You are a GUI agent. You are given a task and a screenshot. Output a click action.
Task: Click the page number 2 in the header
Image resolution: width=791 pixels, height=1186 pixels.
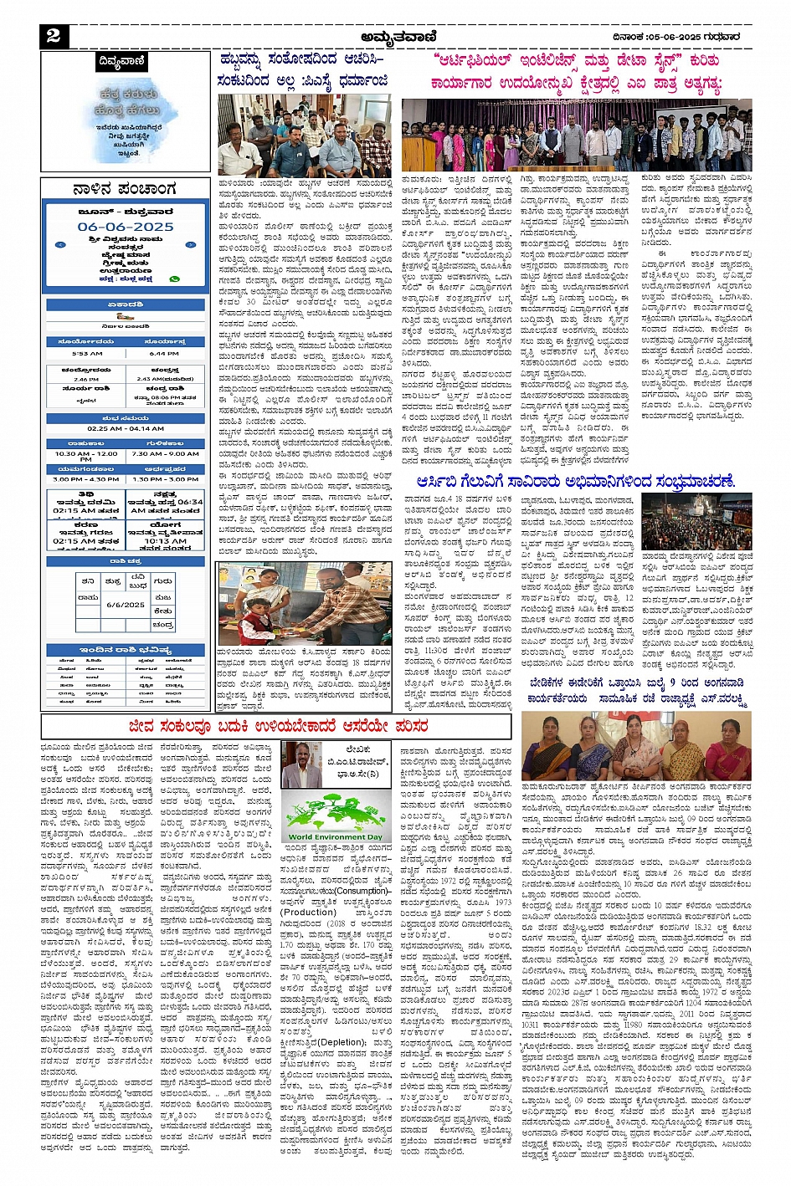coord(53,35)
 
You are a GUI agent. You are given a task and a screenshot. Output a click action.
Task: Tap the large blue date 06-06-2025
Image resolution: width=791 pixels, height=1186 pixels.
coord(126,227)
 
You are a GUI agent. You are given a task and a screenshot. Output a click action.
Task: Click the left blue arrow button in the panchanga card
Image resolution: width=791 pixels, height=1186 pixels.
coord(60,245)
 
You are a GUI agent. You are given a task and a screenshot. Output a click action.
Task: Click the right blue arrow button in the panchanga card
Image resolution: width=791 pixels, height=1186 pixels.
coord(190,245)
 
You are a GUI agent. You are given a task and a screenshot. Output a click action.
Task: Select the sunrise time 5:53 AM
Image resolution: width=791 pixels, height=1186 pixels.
coord(87,353)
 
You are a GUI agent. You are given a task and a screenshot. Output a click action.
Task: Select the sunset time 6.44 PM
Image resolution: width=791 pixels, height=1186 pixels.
coord(164,353)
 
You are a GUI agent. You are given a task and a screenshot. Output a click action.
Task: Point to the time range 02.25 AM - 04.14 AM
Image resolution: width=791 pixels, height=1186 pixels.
coord(126,428)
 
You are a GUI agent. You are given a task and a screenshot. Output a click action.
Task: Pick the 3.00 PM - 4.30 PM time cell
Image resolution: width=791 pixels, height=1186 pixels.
coord(87,479)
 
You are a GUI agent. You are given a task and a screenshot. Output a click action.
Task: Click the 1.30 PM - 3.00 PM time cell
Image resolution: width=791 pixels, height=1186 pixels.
coord(164,479)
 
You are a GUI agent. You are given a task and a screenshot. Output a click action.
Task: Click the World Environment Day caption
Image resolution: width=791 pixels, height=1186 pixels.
coord(335,836)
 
